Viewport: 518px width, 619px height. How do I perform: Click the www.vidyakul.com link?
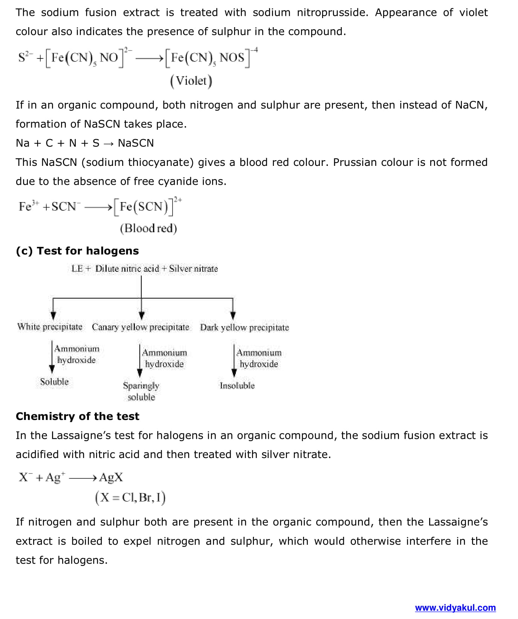click(455, 608)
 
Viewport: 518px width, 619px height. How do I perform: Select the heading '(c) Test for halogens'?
click(77, 251)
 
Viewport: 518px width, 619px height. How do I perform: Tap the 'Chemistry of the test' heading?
click(77, 416)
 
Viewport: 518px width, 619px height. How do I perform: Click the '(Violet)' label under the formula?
click(191, 81)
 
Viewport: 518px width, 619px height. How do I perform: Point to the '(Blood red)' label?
click(148, 228)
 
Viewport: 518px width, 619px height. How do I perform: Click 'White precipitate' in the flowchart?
click(50, 327)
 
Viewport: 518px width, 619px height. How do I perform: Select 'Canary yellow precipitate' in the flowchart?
click(141, 327)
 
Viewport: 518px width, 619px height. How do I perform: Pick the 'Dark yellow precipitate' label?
click(244, 328)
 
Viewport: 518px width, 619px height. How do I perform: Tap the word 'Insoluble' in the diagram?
click(237, 386)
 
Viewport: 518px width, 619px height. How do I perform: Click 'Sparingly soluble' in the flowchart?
click(141, 391)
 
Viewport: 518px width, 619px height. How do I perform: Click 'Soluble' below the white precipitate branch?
click(55, 382)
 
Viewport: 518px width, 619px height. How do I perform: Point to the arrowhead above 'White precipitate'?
click(53, 315)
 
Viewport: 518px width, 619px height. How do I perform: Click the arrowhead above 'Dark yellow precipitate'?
click(233, 315)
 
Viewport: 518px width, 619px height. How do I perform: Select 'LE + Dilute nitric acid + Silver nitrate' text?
click(145, 269)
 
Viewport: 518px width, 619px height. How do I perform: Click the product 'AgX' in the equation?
click(111, 478)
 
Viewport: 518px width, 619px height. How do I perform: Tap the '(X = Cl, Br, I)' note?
click(130, 498)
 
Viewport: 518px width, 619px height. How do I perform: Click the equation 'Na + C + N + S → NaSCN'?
click(85, 143)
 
